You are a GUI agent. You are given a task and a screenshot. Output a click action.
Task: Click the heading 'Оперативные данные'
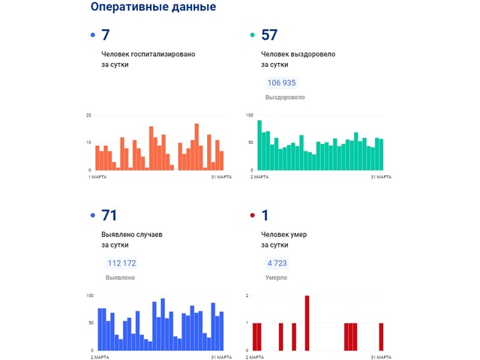152,7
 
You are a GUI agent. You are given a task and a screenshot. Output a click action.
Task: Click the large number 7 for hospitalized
105,34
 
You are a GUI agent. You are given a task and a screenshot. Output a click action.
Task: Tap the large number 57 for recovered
268,34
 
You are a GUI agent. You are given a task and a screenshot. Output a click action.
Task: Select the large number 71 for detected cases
109,216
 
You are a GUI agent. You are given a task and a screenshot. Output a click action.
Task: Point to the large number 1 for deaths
265,216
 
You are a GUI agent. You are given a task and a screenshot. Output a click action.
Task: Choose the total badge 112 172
121,263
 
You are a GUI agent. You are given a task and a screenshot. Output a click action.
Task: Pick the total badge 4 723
277,263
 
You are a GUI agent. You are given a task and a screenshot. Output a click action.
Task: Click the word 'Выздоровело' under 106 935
285,97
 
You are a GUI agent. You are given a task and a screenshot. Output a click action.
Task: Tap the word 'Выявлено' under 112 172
120,277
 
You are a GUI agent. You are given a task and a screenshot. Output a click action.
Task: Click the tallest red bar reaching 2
307,322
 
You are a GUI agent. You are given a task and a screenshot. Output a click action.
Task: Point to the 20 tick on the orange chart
88,115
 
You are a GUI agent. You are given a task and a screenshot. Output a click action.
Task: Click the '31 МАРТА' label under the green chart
381,176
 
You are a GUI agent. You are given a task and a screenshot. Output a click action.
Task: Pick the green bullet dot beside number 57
252,35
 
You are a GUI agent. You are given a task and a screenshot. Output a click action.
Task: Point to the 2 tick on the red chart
248,295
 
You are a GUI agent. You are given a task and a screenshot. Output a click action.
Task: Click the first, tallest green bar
259,145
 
